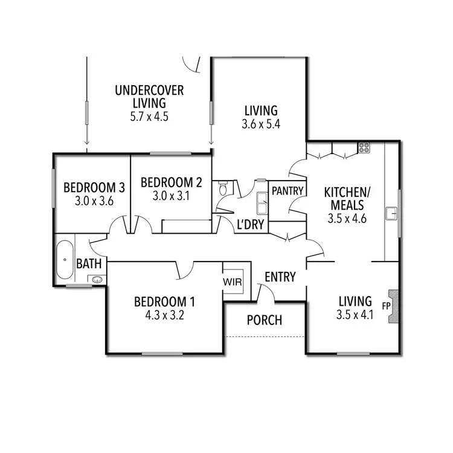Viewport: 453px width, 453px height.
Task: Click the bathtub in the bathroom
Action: pyautogui.click(x=64, y=260)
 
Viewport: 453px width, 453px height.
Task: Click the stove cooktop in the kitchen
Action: pyautogui.click(x=364, y=147)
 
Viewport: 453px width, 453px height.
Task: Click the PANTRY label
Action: pyautogui.click(x=288, y=191)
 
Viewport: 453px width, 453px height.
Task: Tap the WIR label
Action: pyautogui.click(x=233, y=282)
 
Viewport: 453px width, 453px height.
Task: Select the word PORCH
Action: pyautogui.click(x=265, y=320)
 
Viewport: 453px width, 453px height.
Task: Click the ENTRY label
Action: pyautogui.click(x=280, y=277)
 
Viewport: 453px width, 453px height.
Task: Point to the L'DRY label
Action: pyautogui.click(x=249, y=224)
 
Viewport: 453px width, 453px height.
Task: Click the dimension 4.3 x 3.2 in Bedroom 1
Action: pyautogui.click(x=165, y=314)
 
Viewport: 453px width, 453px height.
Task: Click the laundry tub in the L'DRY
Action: pyautogui.click(x=263, y=204)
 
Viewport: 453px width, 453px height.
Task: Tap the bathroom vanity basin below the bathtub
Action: pyautogui.click(x=96, y=279)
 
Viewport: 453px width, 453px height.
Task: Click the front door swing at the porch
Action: pyautogui.click(x=266, y=292)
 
